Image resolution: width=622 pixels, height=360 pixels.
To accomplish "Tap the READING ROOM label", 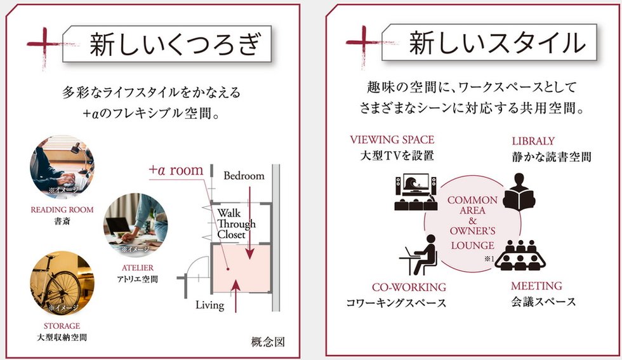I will [62, 210].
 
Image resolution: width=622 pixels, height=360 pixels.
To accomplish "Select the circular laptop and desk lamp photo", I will [62, 167].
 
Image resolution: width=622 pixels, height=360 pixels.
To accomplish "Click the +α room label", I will [176, 171].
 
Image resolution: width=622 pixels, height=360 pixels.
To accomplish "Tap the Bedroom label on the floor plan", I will [244, 176].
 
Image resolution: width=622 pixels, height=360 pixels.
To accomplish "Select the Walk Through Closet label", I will [236, 223].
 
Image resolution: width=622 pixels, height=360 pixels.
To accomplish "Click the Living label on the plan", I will [209, 305].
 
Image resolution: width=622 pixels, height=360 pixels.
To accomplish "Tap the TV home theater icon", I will [415, 192].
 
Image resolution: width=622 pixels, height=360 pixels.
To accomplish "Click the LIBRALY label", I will [533, 141].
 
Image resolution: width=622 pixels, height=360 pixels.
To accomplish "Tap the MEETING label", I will [536, 286].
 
